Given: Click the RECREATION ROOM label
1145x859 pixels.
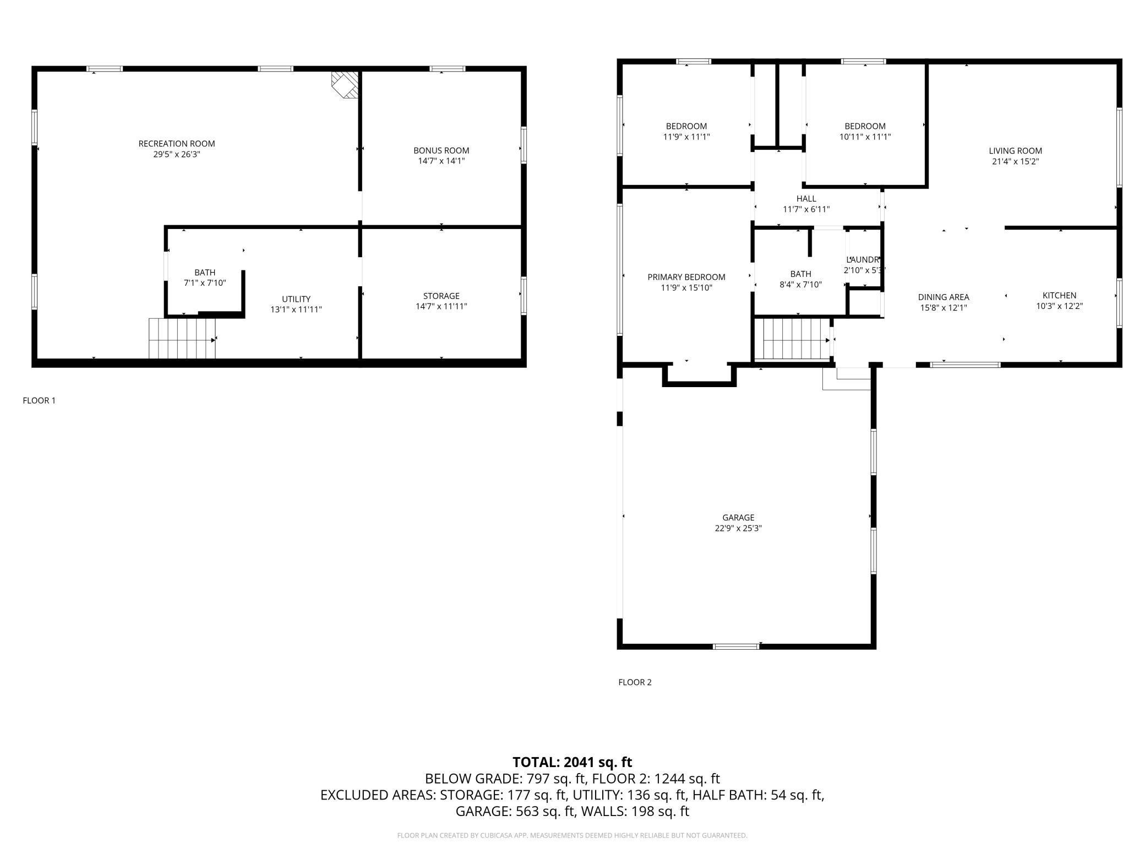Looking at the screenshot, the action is coord(177,144).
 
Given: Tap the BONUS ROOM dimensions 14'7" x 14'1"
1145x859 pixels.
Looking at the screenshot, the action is coord(441,161).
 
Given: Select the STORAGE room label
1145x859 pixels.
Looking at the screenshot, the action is coord(441,296).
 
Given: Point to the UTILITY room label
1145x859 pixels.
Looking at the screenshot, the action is coord(296,299).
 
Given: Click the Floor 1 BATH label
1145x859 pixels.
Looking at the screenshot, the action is coord(205,273).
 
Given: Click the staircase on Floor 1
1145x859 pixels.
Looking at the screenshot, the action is coord(182,338).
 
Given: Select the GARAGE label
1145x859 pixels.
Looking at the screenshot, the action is coord(738,518).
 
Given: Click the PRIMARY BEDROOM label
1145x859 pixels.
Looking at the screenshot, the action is coord(686,277).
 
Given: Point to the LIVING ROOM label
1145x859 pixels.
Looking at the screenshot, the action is coord(1016,151).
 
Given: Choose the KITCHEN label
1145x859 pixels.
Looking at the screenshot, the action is coord(1060,296).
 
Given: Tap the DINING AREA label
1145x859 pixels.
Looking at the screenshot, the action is coord(944,297).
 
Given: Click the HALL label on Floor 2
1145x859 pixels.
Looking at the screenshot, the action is coord(806,199).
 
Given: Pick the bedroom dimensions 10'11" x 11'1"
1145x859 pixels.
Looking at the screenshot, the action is coord(865,137).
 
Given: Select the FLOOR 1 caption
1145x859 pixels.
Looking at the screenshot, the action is coord(39,401).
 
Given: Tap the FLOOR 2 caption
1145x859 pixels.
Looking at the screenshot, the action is coord(635,682).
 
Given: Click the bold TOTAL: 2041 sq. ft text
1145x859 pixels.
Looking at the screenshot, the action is coord(572,762).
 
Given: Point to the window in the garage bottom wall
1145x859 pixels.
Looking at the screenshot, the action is coord(736,646).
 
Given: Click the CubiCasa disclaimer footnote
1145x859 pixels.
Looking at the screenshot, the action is coord(572,835).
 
